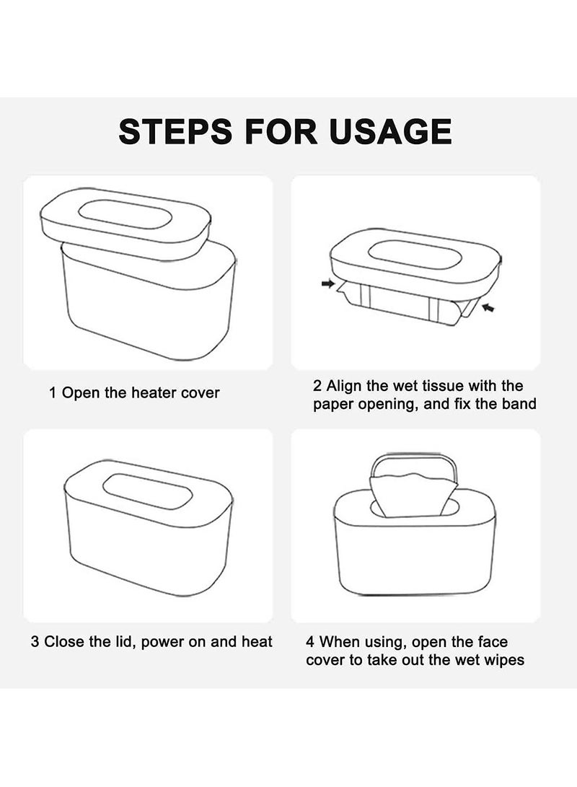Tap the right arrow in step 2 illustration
coord(489,308)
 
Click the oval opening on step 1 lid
coord(125,215)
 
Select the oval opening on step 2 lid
coord(415,255)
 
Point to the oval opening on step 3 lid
coord(147,491)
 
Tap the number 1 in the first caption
coord(53,393)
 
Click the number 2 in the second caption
coord(318,387)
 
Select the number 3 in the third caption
coord(35,642)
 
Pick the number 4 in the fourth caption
coord(311,642)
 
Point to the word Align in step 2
coord(346,387)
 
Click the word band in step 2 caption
coord(520,404)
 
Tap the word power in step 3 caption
coord(164,642)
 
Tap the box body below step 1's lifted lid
coord(148,310)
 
